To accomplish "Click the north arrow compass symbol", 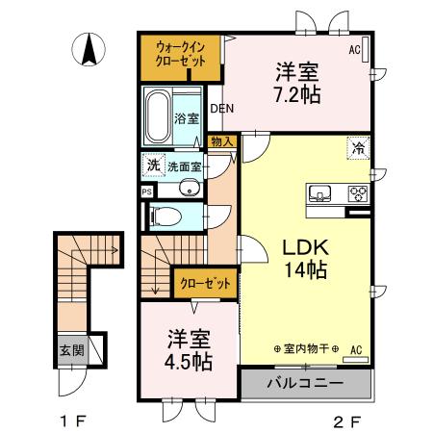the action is pos(89,49).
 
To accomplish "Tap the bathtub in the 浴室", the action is pos(158,116).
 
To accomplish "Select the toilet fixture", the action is pos(165,216).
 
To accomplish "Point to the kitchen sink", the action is pos(319,193).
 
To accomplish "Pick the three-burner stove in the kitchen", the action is pos(358,193).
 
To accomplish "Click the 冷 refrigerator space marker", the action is pos(358,147).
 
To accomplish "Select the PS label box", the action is pos(147,192).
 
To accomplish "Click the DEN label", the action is pos(222,109).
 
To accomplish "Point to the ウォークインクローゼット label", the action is pos(180,54).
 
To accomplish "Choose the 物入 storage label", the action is pos(222,141).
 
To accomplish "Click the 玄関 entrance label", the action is pos(72,350).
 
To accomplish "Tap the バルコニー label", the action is pos(305,383).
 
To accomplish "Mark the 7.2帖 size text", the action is pos(297,94).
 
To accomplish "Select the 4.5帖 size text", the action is pos(188,362).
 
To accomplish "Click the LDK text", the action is pos(305,247).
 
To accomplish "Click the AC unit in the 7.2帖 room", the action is pos(366,49).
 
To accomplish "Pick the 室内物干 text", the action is pos(307,348).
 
